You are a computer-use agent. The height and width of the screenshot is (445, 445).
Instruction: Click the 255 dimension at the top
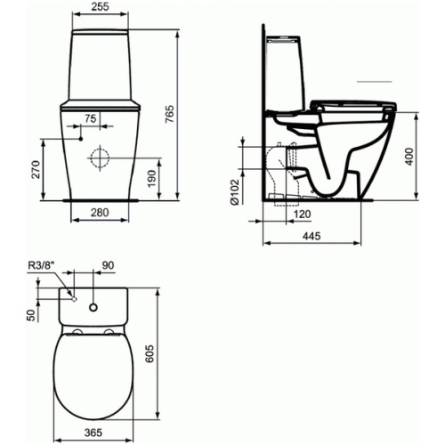pos(100,6)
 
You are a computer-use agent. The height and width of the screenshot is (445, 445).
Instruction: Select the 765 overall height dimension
pos(169,114)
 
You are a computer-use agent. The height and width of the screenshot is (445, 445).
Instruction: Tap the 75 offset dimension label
pos(91,118)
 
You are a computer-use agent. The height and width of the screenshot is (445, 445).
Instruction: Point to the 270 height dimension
pos(36,169)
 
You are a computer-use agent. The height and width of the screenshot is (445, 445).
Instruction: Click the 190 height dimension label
pos(151,179)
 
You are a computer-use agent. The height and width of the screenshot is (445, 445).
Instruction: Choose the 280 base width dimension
pos(100,213)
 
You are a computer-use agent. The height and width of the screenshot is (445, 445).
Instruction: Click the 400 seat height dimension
pos(409,157)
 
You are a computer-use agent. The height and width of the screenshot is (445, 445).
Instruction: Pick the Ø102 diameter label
pos(234,192)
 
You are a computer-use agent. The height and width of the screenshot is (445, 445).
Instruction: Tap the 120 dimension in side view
pos(302,214)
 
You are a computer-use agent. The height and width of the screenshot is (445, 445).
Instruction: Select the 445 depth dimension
pos(311,236)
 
